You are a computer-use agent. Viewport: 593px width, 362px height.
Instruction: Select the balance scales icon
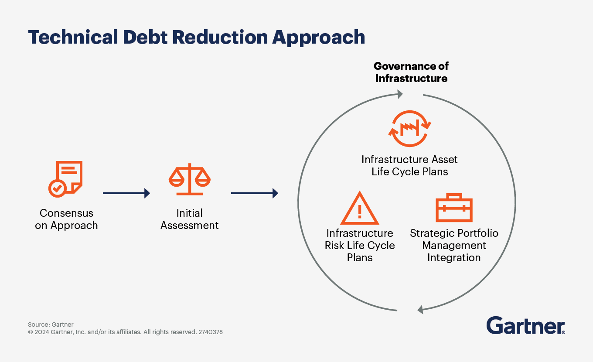[190, 179]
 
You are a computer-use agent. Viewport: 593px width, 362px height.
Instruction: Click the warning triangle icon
[360, 208]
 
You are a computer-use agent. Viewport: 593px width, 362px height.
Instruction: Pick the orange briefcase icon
[454, 208]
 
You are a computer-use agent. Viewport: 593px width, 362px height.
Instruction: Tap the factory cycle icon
[410, 129]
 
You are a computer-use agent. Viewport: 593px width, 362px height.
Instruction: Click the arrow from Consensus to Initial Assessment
[126, 193]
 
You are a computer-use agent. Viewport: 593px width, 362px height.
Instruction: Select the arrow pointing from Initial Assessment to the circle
[254, 193]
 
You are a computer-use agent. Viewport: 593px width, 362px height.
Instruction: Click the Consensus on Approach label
[66, 219]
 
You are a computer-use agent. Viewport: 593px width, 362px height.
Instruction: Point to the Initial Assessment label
[190, 219]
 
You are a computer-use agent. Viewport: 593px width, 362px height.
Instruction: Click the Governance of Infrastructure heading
[411, 72]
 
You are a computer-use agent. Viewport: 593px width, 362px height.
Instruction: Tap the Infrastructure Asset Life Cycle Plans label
[410, 166]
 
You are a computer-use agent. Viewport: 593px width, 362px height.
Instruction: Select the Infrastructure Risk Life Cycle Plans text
[360, 246]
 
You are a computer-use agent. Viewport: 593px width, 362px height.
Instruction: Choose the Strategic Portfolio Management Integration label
[454, 246]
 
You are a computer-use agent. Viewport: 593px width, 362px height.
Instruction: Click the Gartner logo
[525, 326]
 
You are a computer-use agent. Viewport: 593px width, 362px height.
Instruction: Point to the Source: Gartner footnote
[51, 324]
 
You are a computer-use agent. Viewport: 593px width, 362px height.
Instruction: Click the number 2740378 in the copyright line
[211, 332]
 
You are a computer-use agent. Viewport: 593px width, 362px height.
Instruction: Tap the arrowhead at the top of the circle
[399, 94]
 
